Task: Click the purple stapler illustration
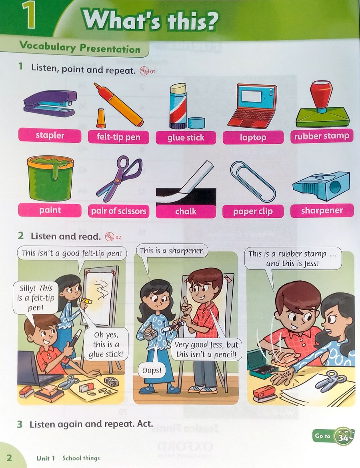click(50, 104)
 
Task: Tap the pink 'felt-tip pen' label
click(118, 137)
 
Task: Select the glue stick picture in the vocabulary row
click(179, 106)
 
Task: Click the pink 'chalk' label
click(186, 211)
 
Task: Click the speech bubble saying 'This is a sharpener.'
click(172, 251)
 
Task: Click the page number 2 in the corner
click(9, 458)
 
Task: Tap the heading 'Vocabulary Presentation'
click(80, 48)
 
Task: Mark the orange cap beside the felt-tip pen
click(101, 118)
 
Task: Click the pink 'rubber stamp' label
click(322, 136)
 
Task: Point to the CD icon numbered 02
click(109, 237)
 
